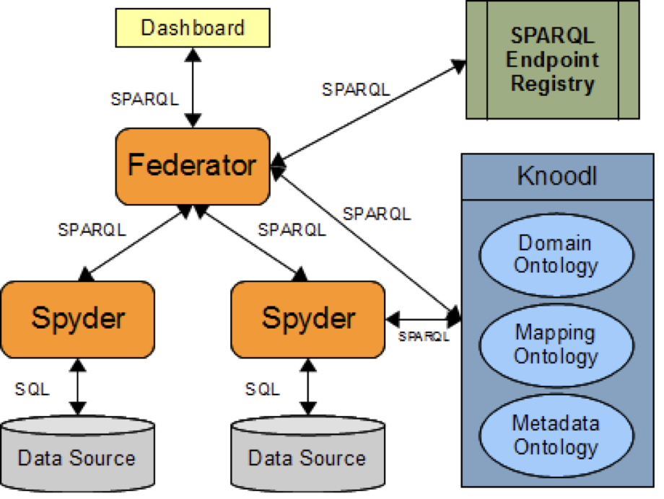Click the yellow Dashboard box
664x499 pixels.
(x=193, y=28)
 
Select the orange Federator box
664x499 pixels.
(x=192, y=166)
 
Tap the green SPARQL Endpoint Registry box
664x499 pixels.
(x=553, y=60)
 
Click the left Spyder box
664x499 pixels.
(x=78, y=318)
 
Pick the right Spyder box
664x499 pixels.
(x=308, y=318)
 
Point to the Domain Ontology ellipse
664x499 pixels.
(x=555, y=254)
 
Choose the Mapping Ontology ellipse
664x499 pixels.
(x=555, y=345)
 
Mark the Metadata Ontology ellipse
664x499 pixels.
(x=555, y=435)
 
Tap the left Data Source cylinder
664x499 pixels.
(x=77, y=456)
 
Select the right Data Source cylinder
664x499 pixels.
(x=307, y=456)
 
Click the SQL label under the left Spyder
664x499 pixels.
(x=32, y=389)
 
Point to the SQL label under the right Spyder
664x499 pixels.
(x=263, y=389)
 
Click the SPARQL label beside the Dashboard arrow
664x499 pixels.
(x=144, y=100)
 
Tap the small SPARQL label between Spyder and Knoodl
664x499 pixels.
(x=424, y=336)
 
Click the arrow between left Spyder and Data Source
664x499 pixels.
(x=77, y=388)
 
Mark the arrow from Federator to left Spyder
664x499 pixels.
(x=137, y=242)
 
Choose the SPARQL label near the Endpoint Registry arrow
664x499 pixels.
(x=356, y=89)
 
